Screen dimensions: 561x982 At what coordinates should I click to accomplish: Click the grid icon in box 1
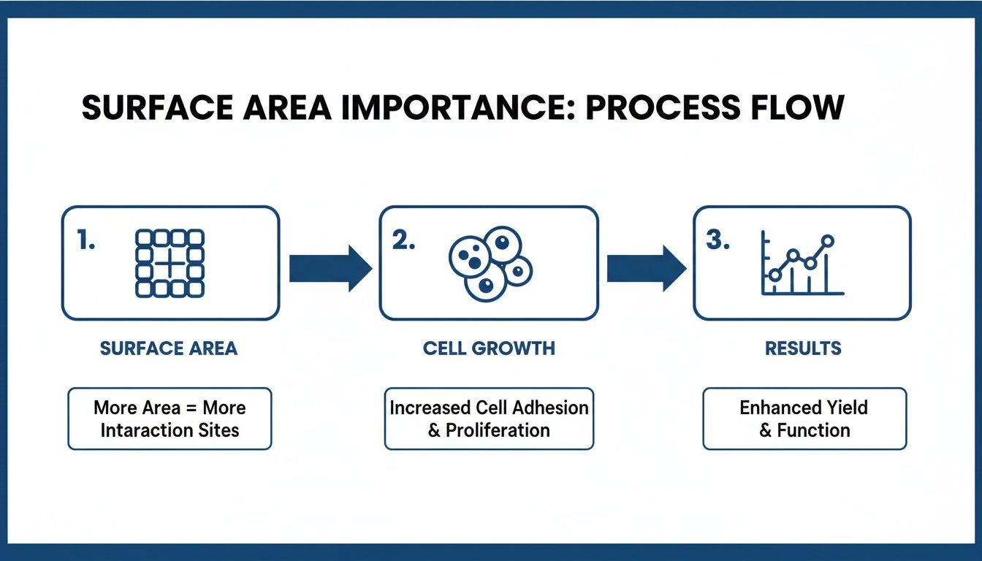(170, 264)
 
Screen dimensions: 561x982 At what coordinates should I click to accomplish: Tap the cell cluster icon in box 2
(489, 264)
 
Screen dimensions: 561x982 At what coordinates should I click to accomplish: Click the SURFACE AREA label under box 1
(169, 348)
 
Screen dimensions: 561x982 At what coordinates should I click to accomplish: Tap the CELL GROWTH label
(489, 348)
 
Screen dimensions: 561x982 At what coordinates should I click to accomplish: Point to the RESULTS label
(803, 348)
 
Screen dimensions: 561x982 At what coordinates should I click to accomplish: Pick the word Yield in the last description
(848, 408)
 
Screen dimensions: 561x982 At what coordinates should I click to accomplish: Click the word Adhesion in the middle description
(550, 408)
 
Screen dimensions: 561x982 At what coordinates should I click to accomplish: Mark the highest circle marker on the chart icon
(827, 240)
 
